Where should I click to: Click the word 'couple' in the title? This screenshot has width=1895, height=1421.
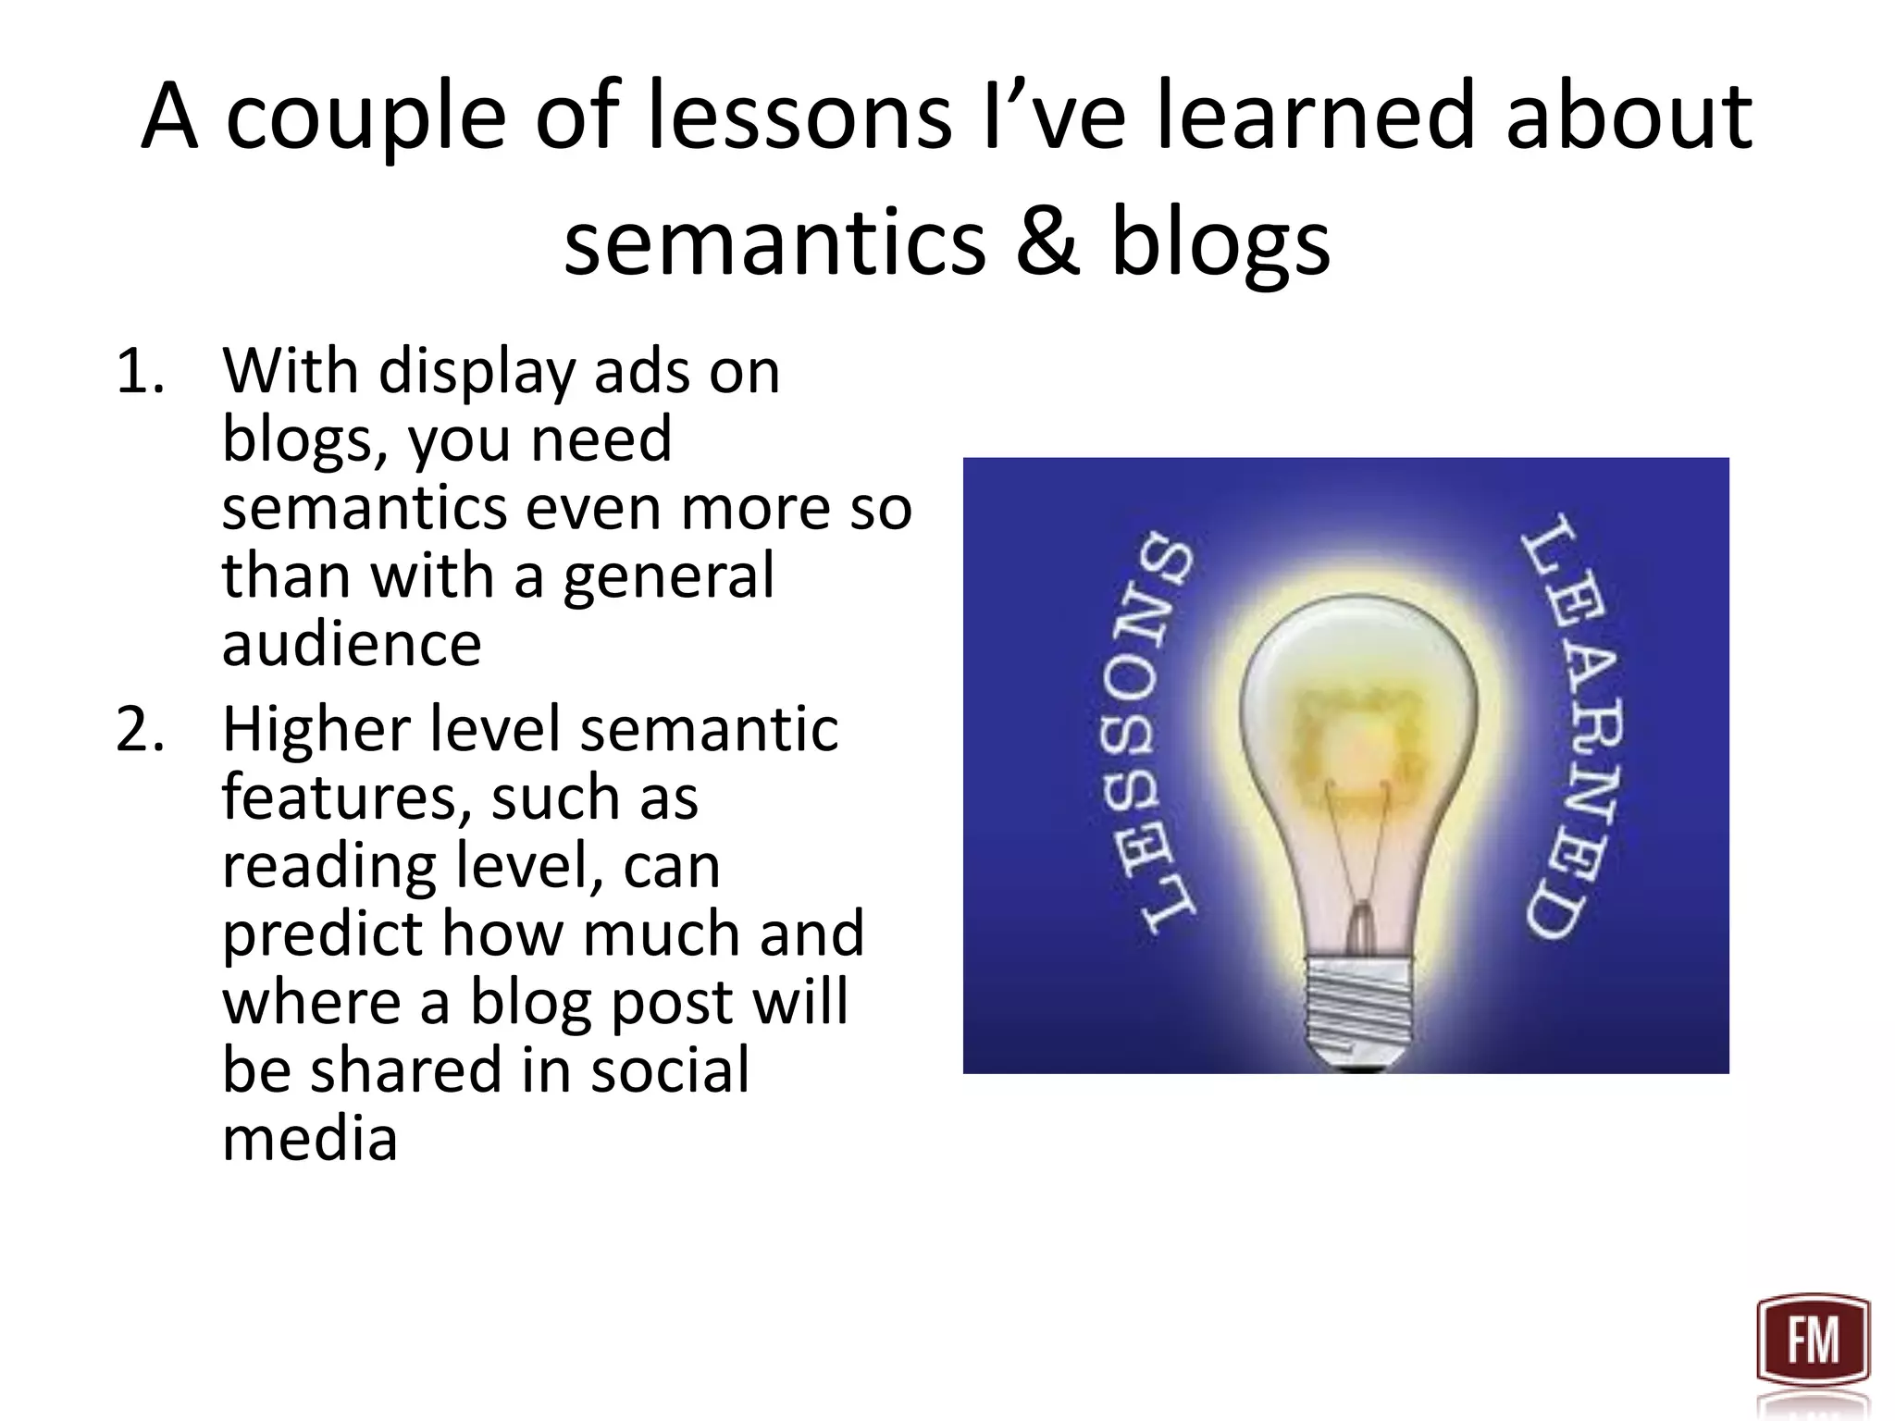[x=366, y=117]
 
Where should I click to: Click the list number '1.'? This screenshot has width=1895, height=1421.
[x=141, y=372]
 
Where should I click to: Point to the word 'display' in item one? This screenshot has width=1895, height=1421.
[x=477, y=372]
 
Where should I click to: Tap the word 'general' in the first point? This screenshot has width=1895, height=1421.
[x=668, y=576]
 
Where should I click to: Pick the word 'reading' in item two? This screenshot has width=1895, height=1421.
[x=329, y=867]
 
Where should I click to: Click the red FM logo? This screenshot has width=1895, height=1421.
[x=1813, y=1341]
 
